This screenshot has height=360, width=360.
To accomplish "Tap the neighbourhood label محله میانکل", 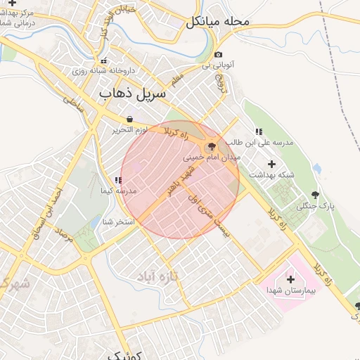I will click(x=218, y=22).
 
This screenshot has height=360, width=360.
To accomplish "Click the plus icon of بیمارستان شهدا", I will click(x=290, y=279).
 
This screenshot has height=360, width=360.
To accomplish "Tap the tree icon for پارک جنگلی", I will click(x=314, y=195).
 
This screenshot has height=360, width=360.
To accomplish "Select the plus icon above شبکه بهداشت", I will click(x=272, y=163).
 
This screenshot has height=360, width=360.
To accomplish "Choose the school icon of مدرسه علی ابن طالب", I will click(x=258, y=131).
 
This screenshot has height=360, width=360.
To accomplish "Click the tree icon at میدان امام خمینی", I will click(x=210, y=146).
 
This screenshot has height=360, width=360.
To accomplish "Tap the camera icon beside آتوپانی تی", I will click(x=219, y=55).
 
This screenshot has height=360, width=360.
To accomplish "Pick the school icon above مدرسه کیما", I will click(x=118, y=181).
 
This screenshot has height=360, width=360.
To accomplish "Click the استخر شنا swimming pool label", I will click(x=118, y=222).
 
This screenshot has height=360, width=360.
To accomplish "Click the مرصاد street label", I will click(x=65, y=236).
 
